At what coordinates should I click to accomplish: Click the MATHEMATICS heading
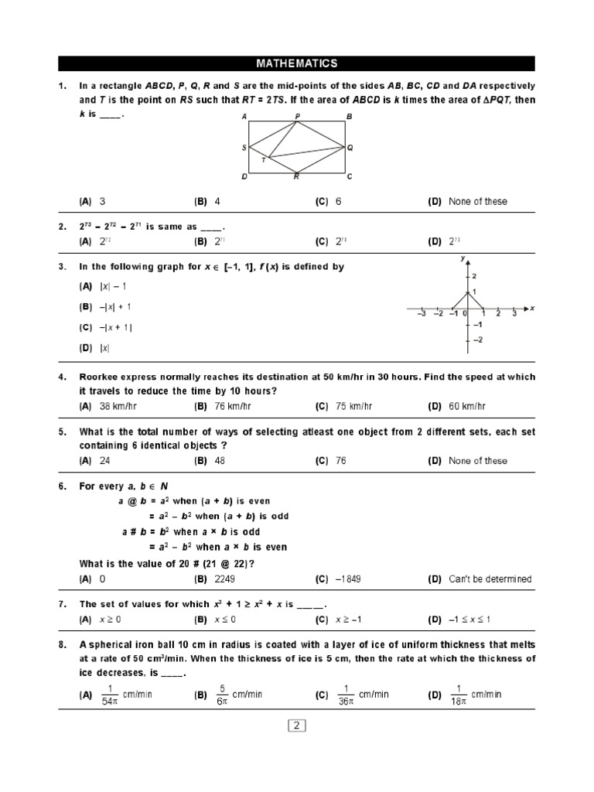click(x=297, y=63)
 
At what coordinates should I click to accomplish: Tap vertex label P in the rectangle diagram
click(x=298, y=117)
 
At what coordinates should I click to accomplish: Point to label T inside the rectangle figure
click(x=263, y=160)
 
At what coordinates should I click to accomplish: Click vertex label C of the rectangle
click(x=350, y=177)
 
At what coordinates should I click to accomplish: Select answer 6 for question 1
click(x=338, y=202)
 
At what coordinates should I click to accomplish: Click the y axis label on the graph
click(x=462, y=258)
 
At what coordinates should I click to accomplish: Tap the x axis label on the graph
click(x=532, y=308)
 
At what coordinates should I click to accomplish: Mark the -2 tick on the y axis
click(x=477, y=340)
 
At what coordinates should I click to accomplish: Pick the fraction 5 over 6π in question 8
click(x=222, y=695)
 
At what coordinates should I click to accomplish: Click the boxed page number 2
click(x=297, y=725)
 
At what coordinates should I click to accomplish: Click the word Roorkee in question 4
click(x=99, y=377)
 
